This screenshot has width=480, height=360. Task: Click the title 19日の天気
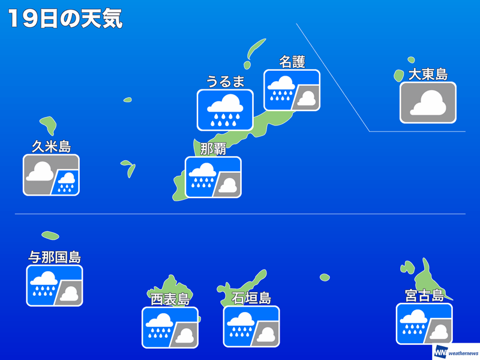65,19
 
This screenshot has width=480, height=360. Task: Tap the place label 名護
292,62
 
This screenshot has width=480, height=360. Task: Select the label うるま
226,82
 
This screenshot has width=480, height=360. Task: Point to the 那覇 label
213,149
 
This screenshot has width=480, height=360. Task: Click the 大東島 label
428,74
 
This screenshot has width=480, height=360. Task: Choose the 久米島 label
52,146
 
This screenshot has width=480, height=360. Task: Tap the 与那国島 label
55,257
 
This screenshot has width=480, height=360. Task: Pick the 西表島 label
170,299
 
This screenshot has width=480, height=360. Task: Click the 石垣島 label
251,298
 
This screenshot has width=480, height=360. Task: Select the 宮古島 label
424,295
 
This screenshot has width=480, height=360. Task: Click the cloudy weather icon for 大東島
428,103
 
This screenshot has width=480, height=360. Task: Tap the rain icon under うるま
226,110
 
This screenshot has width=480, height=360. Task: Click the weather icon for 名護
292,91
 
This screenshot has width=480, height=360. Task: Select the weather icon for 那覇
213,177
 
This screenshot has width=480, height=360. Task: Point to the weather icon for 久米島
52,175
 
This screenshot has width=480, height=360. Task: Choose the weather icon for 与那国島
55,286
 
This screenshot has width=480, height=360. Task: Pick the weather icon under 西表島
170,328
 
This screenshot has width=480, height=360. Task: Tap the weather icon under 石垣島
251,326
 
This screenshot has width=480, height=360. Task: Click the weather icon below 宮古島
424,324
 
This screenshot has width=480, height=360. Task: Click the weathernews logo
456,352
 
